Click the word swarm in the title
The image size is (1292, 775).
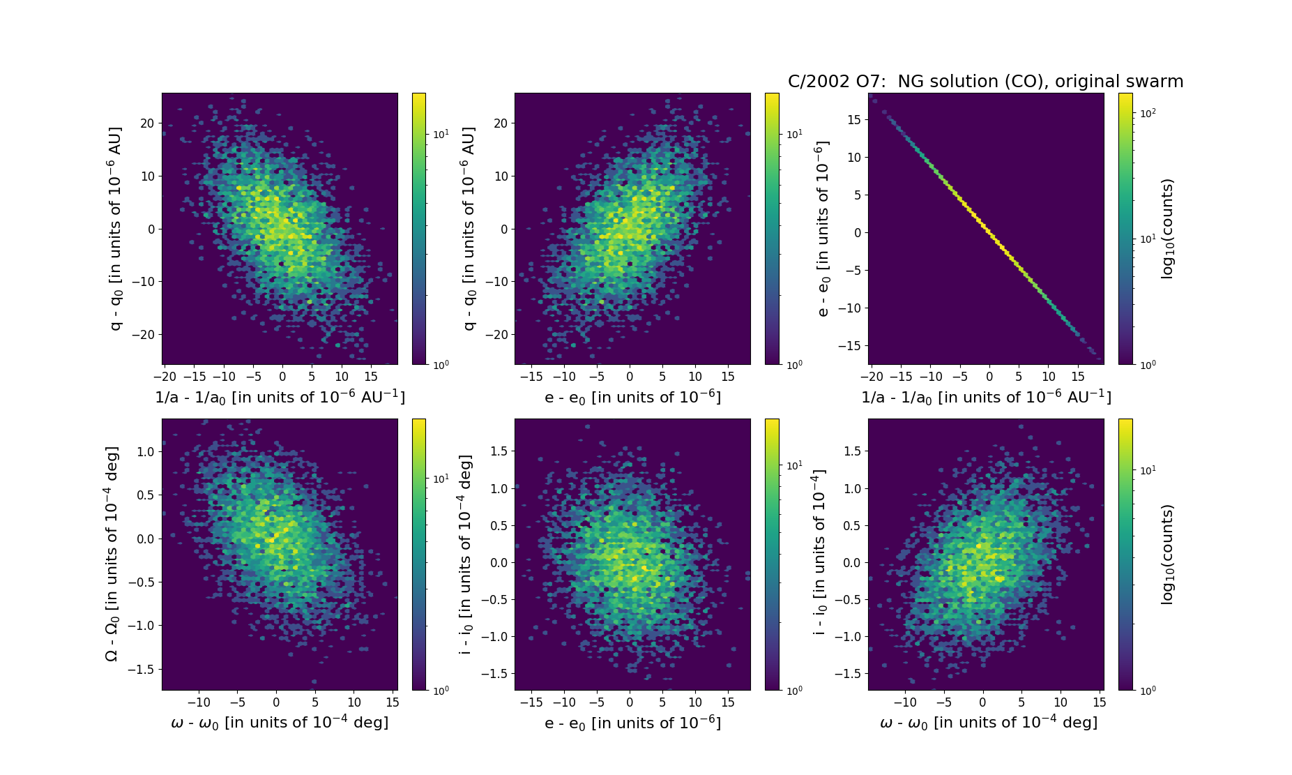click(x=1154, y=82)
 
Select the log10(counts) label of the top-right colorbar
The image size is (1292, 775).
click(x=1167, y=229)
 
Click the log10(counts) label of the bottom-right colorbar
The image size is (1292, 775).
click(x=1167, y=555)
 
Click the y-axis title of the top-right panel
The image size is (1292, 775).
click(x=823, y=229)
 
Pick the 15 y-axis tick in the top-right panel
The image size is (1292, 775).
click(x=853, y=120)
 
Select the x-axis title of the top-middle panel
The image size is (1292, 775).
click(x=632, y=397)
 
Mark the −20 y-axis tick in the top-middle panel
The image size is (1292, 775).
click(x=499, y=335)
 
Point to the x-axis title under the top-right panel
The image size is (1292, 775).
click(x=986, y=397)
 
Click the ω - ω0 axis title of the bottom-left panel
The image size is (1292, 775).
click(x=280, y=723)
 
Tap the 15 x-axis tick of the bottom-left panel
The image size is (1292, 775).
click(x=393, y=702)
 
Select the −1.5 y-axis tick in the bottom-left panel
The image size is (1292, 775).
click(x=142, y=670)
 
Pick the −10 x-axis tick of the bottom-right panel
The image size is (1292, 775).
click(x=905, y=702)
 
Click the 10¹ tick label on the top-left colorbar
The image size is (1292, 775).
click(x=441, y=134)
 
